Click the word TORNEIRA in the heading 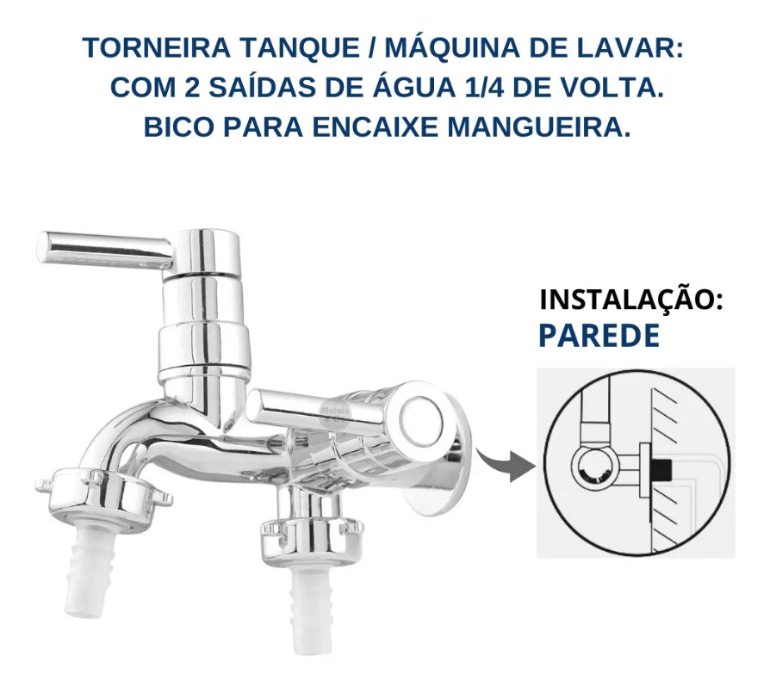157,48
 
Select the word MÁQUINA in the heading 453,47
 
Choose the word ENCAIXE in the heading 375,127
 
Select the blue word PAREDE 599,336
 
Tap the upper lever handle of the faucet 106,251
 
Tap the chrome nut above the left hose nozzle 104,498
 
